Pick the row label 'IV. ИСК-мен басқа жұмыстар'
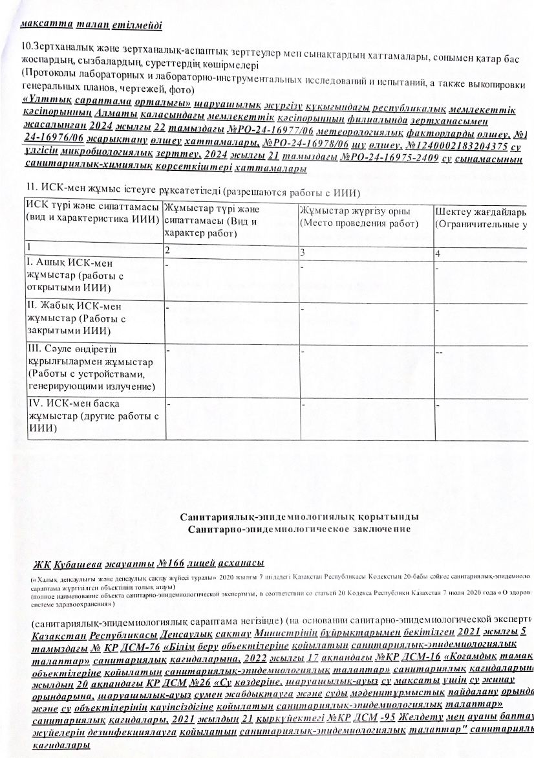(92, 415)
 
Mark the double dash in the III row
(440, 352)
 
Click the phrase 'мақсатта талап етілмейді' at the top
(91, 27)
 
